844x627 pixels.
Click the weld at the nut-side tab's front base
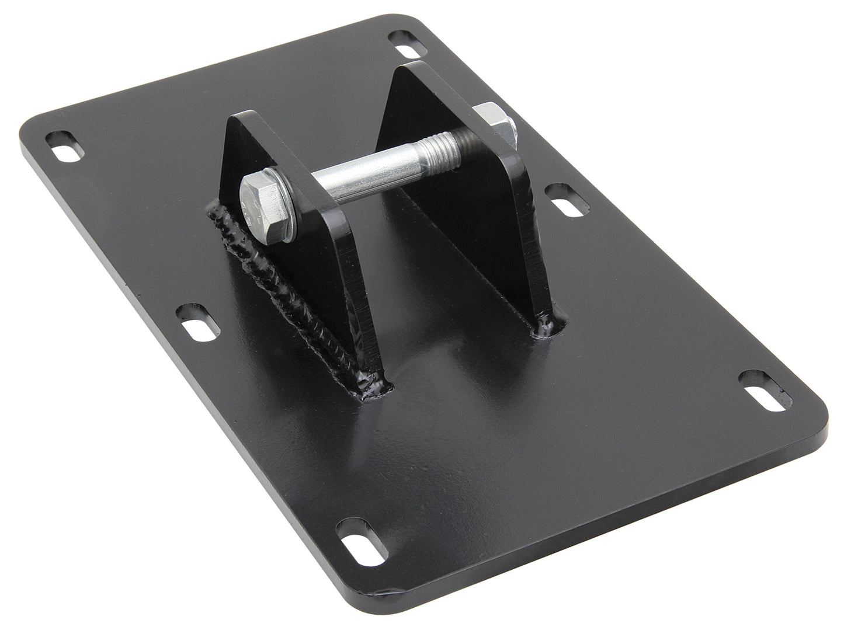coord(550,324)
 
